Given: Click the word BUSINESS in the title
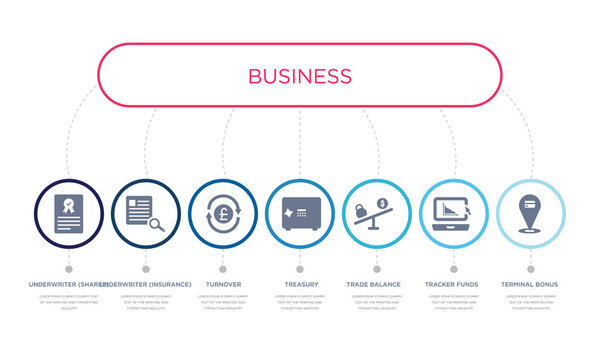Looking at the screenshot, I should pos(299,76).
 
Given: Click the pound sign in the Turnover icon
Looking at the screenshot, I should pos(223,212).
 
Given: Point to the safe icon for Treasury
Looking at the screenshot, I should pos(300,213).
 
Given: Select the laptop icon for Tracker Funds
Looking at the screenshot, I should pos(451,212).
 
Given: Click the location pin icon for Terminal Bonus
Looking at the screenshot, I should pos(530,211).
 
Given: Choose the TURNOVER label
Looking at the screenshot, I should pos(223,284).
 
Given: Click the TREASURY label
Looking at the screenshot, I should pos(300,284).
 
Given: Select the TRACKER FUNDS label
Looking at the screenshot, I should pos(453,284).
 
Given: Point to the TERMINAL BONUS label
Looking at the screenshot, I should pos(530,284).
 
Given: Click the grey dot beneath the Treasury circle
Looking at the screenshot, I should pos(300,269).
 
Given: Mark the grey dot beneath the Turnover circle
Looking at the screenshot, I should pos(223,269).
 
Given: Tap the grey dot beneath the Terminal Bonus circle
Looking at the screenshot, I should pos(530,269).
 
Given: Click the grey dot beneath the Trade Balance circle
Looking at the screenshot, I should pos(377,269).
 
